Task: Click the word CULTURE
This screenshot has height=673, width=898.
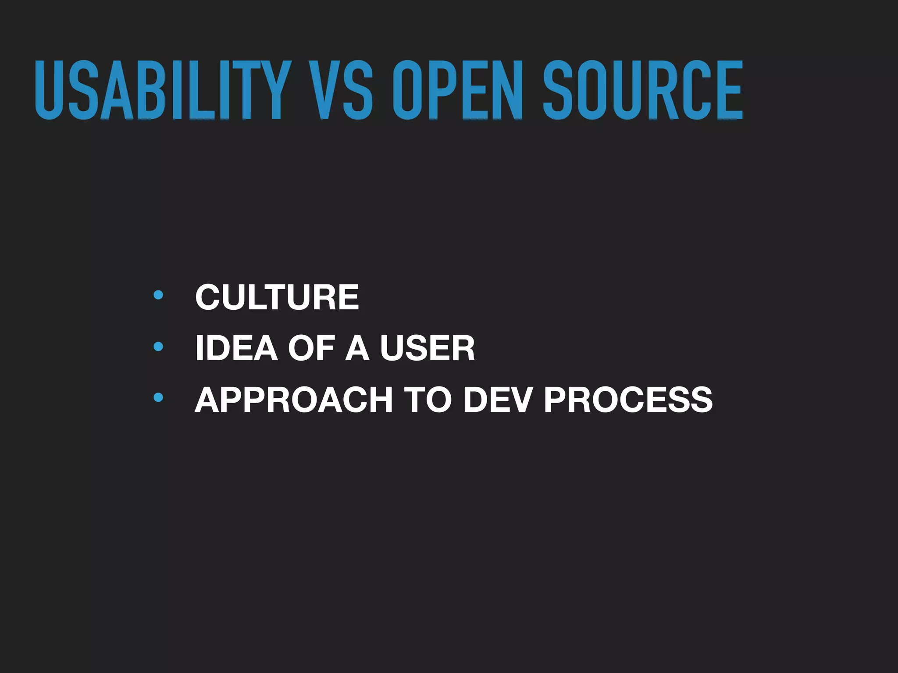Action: [x=277, y=297]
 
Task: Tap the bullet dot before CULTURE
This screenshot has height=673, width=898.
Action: [x=158, y=295]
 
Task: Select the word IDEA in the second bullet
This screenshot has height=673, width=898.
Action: [x=236, y=348]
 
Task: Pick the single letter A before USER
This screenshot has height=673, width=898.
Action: [x=357, y=348]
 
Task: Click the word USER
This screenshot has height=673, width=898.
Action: [x=427, y=348]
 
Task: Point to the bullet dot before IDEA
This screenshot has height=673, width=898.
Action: [x=158, y=347]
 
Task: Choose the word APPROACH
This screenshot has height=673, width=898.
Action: [x=293, y=400]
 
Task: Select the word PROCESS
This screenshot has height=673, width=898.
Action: [x=628, y=400]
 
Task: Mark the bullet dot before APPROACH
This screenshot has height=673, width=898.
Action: [x=158, y=398]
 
